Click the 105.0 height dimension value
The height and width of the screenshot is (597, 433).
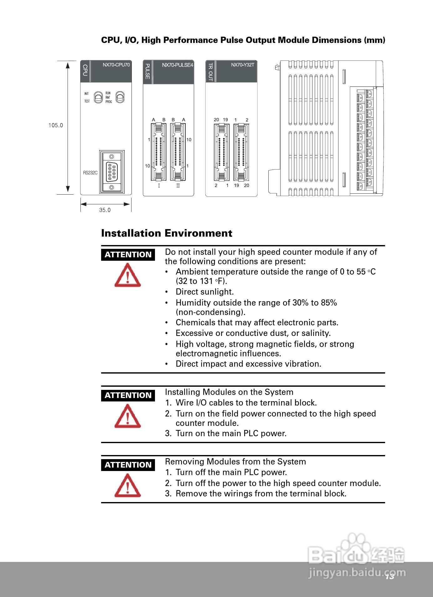click(x=56, y=125)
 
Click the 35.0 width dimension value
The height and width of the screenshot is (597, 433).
click(x=105, y=210)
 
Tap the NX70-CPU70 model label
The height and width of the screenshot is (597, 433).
click(x=116, y=65)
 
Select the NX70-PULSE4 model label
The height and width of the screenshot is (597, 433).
click(x=178, y=65)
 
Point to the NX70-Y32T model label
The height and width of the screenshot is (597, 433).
click(x=243, y=65)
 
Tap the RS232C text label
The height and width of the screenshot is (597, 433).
click(x=90, y=173)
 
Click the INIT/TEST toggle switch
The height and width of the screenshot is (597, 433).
click(x=98, y=97)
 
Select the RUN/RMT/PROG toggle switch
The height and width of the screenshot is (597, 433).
click(x=120, y=97)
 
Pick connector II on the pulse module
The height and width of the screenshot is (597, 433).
click(x=178, y=152)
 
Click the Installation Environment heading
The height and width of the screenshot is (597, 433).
click(x=167, y=233)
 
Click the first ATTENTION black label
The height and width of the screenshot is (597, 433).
click(x=128, y=254)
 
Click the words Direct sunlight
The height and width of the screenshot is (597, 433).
click(x=204, y=292)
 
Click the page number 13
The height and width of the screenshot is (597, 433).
click(x=389, y=576)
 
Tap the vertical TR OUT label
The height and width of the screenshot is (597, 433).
click(x=210, y=72)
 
